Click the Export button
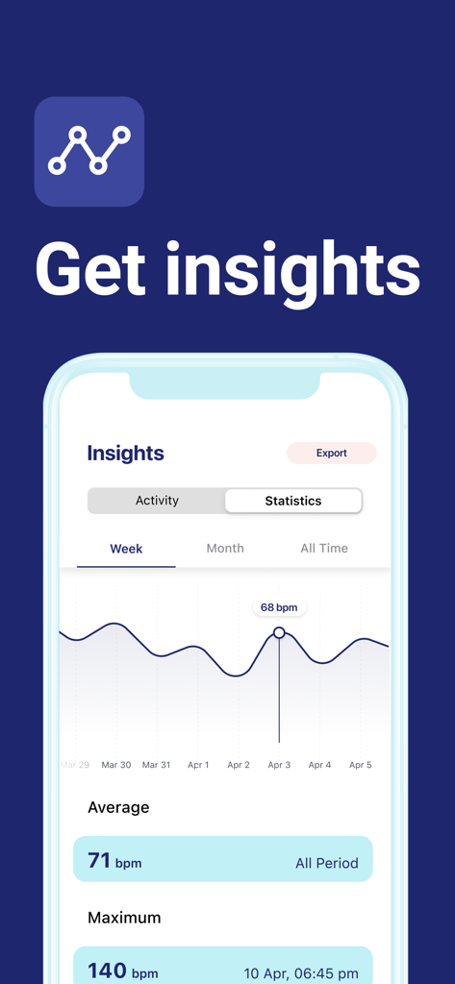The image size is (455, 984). (332, 453)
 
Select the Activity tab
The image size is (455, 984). (157, 501)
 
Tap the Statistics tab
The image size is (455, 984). (293, 501)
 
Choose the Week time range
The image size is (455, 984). (126, 549)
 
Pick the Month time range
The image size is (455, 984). (225, 549)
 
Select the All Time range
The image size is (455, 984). (324, 549)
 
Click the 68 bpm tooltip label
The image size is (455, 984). (279, 607)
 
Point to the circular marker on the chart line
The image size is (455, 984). (279, 632)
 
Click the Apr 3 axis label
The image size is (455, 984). (279, 765)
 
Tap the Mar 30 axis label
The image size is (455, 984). (116, 765)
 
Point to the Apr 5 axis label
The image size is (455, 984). (360, 765)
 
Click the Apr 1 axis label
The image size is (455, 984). (198, 765)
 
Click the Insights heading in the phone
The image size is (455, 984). (125, 454)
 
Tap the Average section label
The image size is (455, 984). (118, 807)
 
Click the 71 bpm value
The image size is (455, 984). (114, 861)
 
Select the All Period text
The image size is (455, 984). (326, 863)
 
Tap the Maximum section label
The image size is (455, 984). (124, 918)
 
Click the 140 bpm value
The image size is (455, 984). (122, 971)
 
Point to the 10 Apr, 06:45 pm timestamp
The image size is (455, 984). (301, 972)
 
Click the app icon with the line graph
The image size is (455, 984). (89, 151)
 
